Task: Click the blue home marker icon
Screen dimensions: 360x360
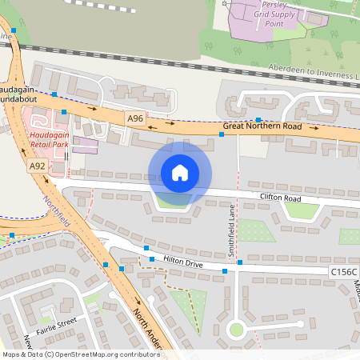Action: (x=180, y=173)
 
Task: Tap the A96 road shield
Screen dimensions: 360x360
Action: (x=135, y=118)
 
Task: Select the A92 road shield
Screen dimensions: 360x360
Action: (x=37, y=166)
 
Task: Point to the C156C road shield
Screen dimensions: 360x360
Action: (x=343, y=273)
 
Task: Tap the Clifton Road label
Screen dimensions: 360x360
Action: (x=279, y=196)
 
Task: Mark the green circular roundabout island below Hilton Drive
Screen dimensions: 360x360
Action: (x=235, y=328)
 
